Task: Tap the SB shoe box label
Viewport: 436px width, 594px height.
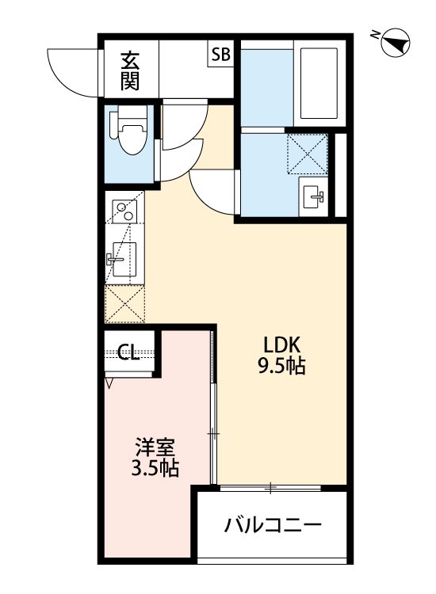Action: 220,55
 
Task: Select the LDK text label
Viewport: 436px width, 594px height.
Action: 281,346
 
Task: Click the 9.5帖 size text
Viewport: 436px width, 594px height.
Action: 281,367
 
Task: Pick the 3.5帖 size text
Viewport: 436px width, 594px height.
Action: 154,468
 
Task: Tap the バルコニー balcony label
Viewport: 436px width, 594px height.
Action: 272,526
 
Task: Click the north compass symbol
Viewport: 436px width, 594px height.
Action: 396,43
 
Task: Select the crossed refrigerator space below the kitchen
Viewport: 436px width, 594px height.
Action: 124,305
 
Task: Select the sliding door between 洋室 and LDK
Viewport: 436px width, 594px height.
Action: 212,408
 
